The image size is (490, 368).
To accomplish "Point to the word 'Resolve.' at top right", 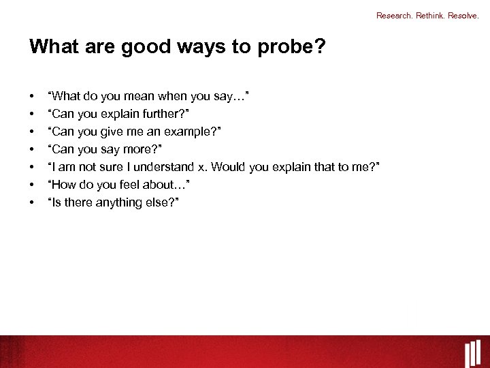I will [465, 15].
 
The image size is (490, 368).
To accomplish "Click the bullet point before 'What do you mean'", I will [32, 97].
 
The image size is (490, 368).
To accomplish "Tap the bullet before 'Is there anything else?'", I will [32, 203].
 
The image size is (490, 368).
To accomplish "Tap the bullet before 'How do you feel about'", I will [32, 185].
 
